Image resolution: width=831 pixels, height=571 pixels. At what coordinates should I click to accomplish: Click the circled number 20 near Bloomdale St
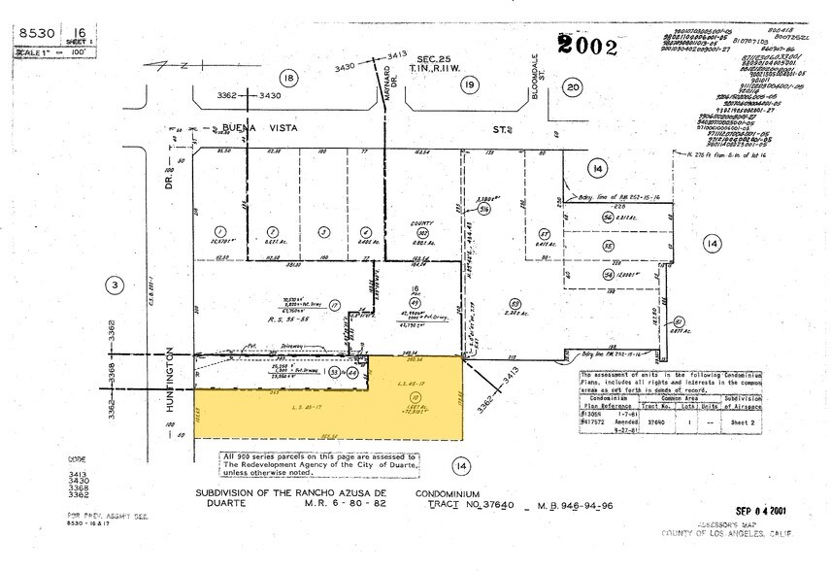pos(573,87)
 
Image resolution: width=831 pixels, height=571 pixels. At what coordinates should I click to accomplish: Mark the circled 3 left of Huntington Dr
pos(115,285)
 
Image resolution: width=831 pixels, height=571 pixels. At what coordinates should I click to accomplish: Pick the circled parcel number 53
pos(516,302)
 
